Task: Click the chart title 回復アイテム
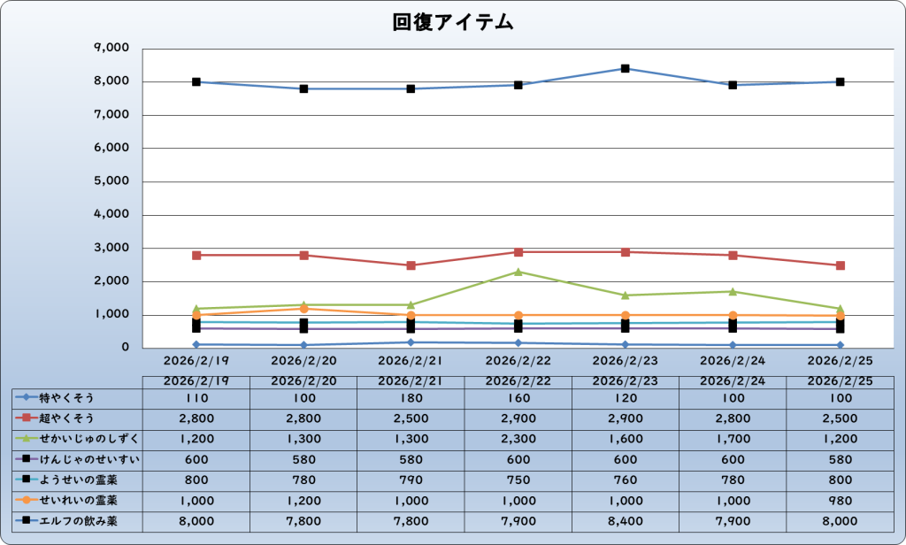453,23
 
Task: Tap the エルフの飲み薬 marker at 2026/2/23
626,68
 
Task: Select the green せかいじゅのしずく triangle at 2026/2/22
518,272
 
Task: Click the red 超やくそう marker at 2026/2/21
411,265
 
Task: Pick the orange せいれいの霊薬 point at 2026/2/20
303,309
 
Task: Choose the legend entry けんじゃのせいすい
78,459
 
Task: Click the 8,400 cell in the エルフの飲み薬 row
626,521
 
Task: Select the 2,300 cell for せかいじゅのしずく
518,439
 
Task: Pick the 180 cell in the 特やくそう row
411,397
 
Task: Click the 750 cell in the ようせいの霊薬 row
518,480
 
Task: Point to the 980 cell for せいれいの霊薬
841,501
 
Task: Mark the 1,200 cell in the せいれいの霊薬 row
303,501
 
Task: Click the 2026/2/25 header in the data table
841,380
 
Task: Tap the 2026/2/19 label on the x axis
196,361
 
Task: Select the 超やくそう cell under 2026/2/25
841,418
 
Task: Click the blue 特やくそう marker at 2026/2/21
411,342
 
